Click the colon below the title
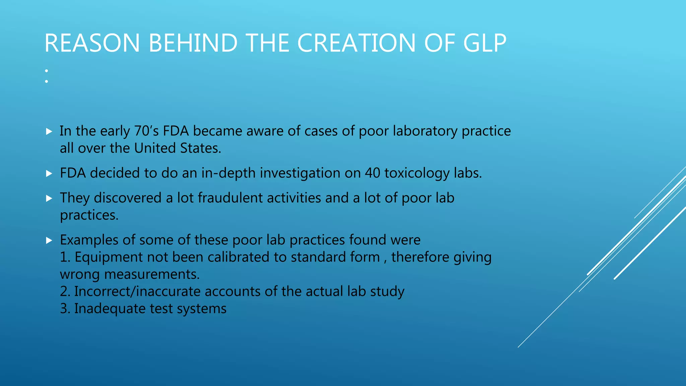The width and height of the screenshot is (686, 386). tap(47, 76)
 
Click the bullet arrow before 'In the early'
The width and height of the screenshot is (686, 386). tap(49, 131)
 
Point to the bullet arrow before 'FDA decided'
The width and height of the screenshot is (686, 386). tap(49, 173)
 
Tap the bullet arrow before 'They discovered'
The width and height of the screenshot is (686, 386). tap(49, 198)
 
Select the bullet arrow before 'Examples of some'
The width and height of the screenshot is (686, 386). tap(49, 240)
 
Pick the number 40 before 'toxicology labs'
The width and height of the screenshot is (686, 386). tap(372, 173)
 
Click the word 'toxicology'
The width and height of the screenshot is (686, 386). tap(417, 174)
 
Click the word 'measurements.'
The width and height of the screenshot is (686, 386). tap(152, 274)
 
